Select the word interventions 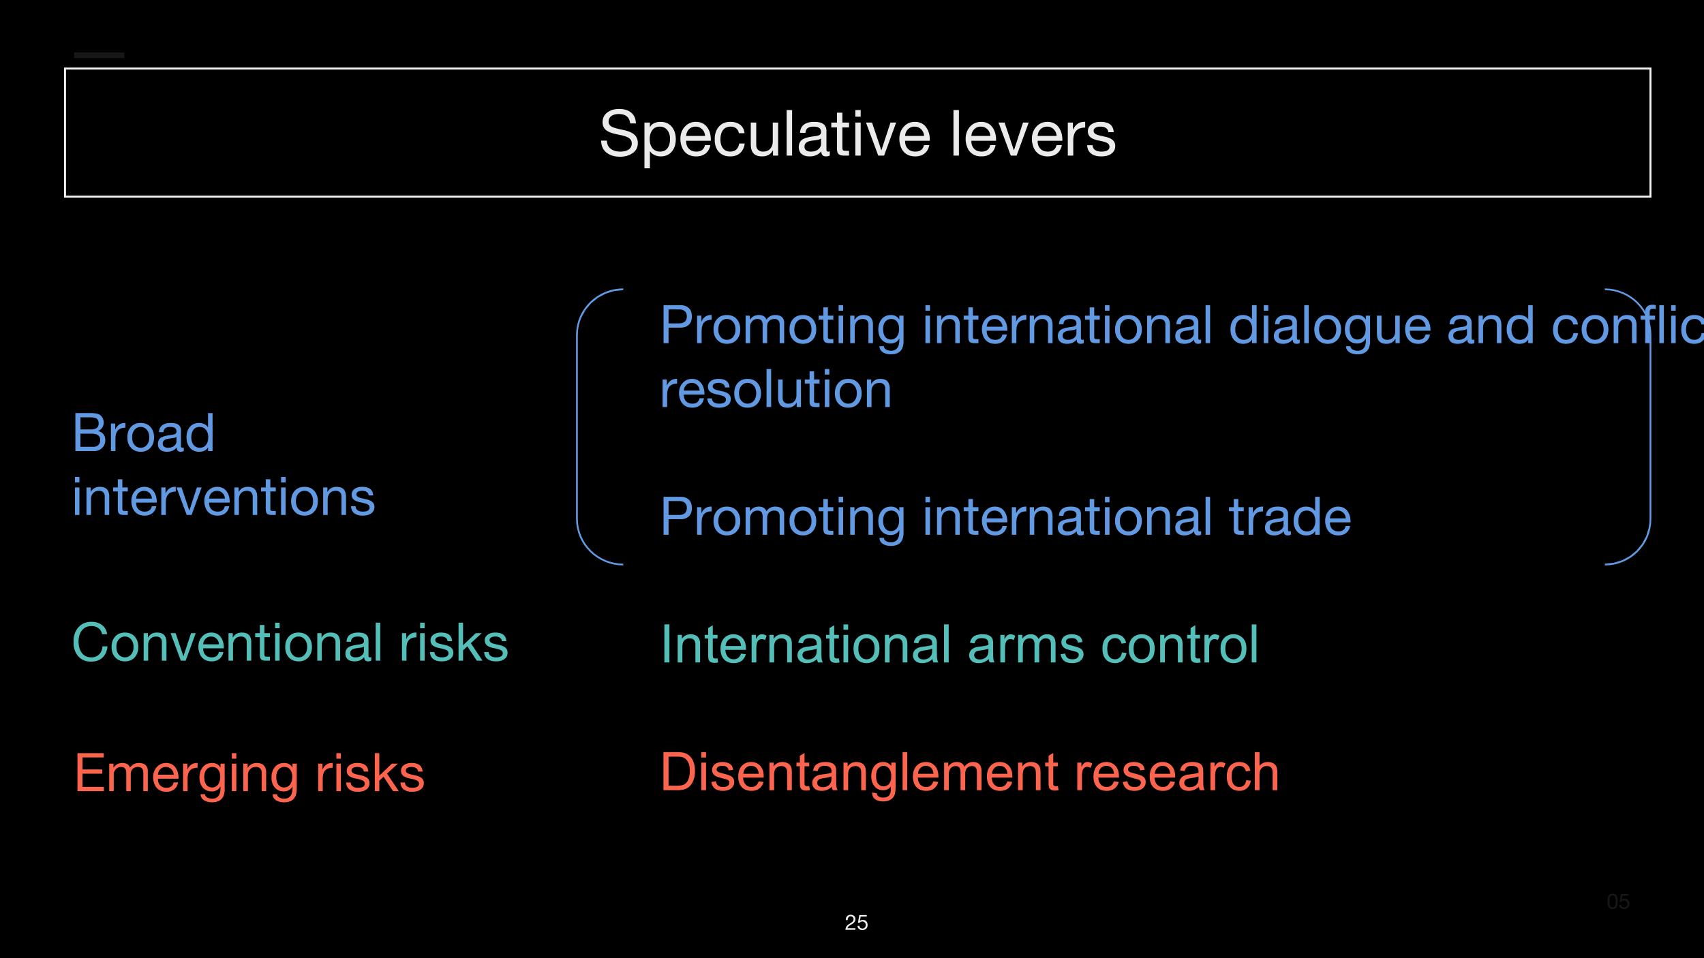(x=224, y=497)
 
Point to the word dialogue (x=1329, y=326)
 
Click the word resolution (x=776, y=390)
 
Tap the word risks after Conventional (x=454, y=643)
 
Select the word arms (x=1025, y=645)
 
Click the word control (x=1180, y=645)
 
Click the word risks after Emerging (x=369, y=773)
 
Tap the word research (x=1176, y=773)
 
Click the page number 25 (x=856, y=923)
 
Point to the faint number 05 (x=1618, y=901)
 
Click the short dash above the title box (x=99, y=55)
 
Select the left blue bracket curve (x=579, y=427)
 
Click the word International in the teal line (x=806, y=645)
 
